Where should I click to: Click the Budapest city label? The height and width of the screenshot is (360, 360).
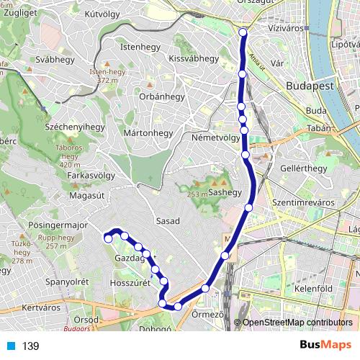(x=311, y=85)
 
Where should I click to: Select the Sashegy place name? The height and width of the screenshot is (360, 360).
(x=225, y=193)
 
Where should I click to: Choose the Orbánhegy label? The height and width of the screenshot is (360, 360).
(x=162, y=96)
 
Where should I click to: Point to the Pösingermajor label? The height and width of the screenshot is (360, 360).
(x=57, y=225)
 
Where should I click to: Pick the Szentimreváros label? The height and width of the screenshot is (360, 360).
(x=303, y=203)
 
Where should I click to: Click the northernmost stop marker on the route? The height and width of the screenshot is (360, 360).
(x=243, y=32)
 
